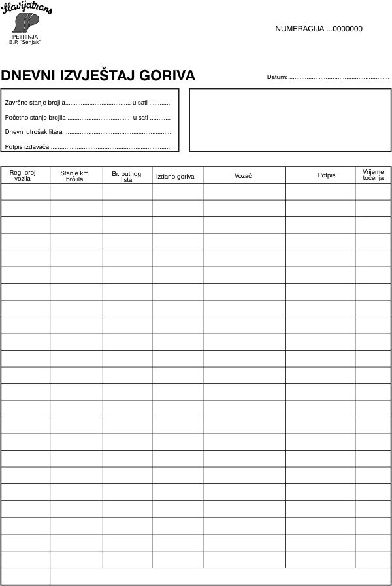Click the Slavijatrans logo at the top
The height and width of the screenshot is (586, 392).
click(x=27, y=18)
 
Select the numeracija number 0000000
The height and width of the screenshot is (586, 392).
click(x=348, y=29)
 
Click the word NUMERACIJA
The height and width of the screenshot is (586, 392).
click(x=300, y=29)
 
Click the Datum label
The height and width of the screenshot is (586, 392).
click(x=277, y=77)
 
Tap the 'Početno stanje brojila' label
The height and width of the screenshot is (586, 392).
click(x=35, y=118)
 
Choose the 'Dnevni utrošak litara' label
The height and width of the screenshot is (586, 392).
click(x=33, y=132)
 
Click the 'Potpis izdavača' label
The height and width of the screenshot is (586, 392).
click(x=27, y=147)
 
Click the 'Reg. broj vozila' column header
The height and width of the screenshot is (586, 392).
click(x=25, y=175)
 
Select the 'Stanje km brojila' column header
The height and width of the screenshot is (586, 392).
click(x=74, y=175)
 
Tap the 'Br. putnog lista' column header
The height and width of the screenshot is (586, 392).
click(x=127, y=175)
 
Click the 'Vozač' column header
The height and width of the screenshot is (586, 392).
click(x=243, y=176)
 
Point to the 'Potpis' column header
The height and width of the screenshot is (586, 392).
click(x=327, y=176)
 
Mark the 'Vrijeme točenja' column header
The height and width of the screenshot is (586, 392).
click(x=373, y=175)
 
